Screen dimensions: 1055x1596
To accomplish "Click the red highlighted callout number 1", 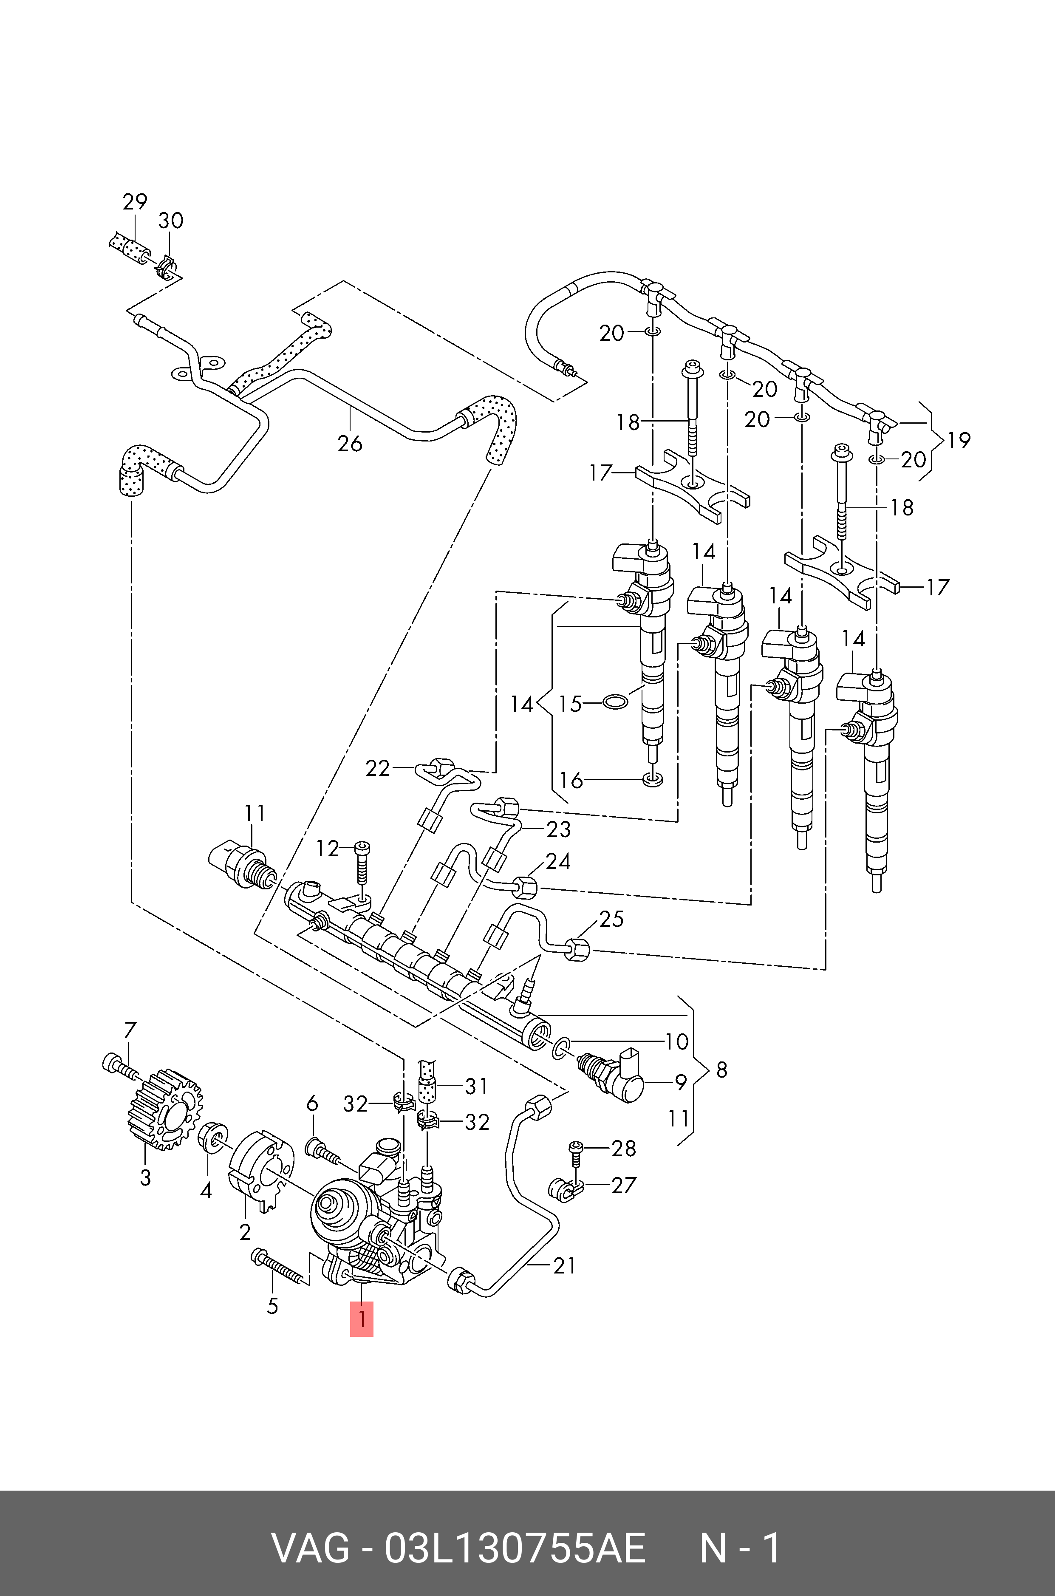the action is pyautogui.click(x=361, y=1319).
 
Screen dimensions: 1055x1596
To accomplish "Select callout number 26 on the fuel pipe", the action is pyautogui.click(x=350, y=444).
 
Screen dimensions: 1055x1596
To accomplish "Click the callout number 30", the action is pyautogui.click(x=171, y=221).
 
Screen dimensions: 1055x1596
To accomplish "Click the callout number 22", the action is pyautogui.click(x=377, y=768).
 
